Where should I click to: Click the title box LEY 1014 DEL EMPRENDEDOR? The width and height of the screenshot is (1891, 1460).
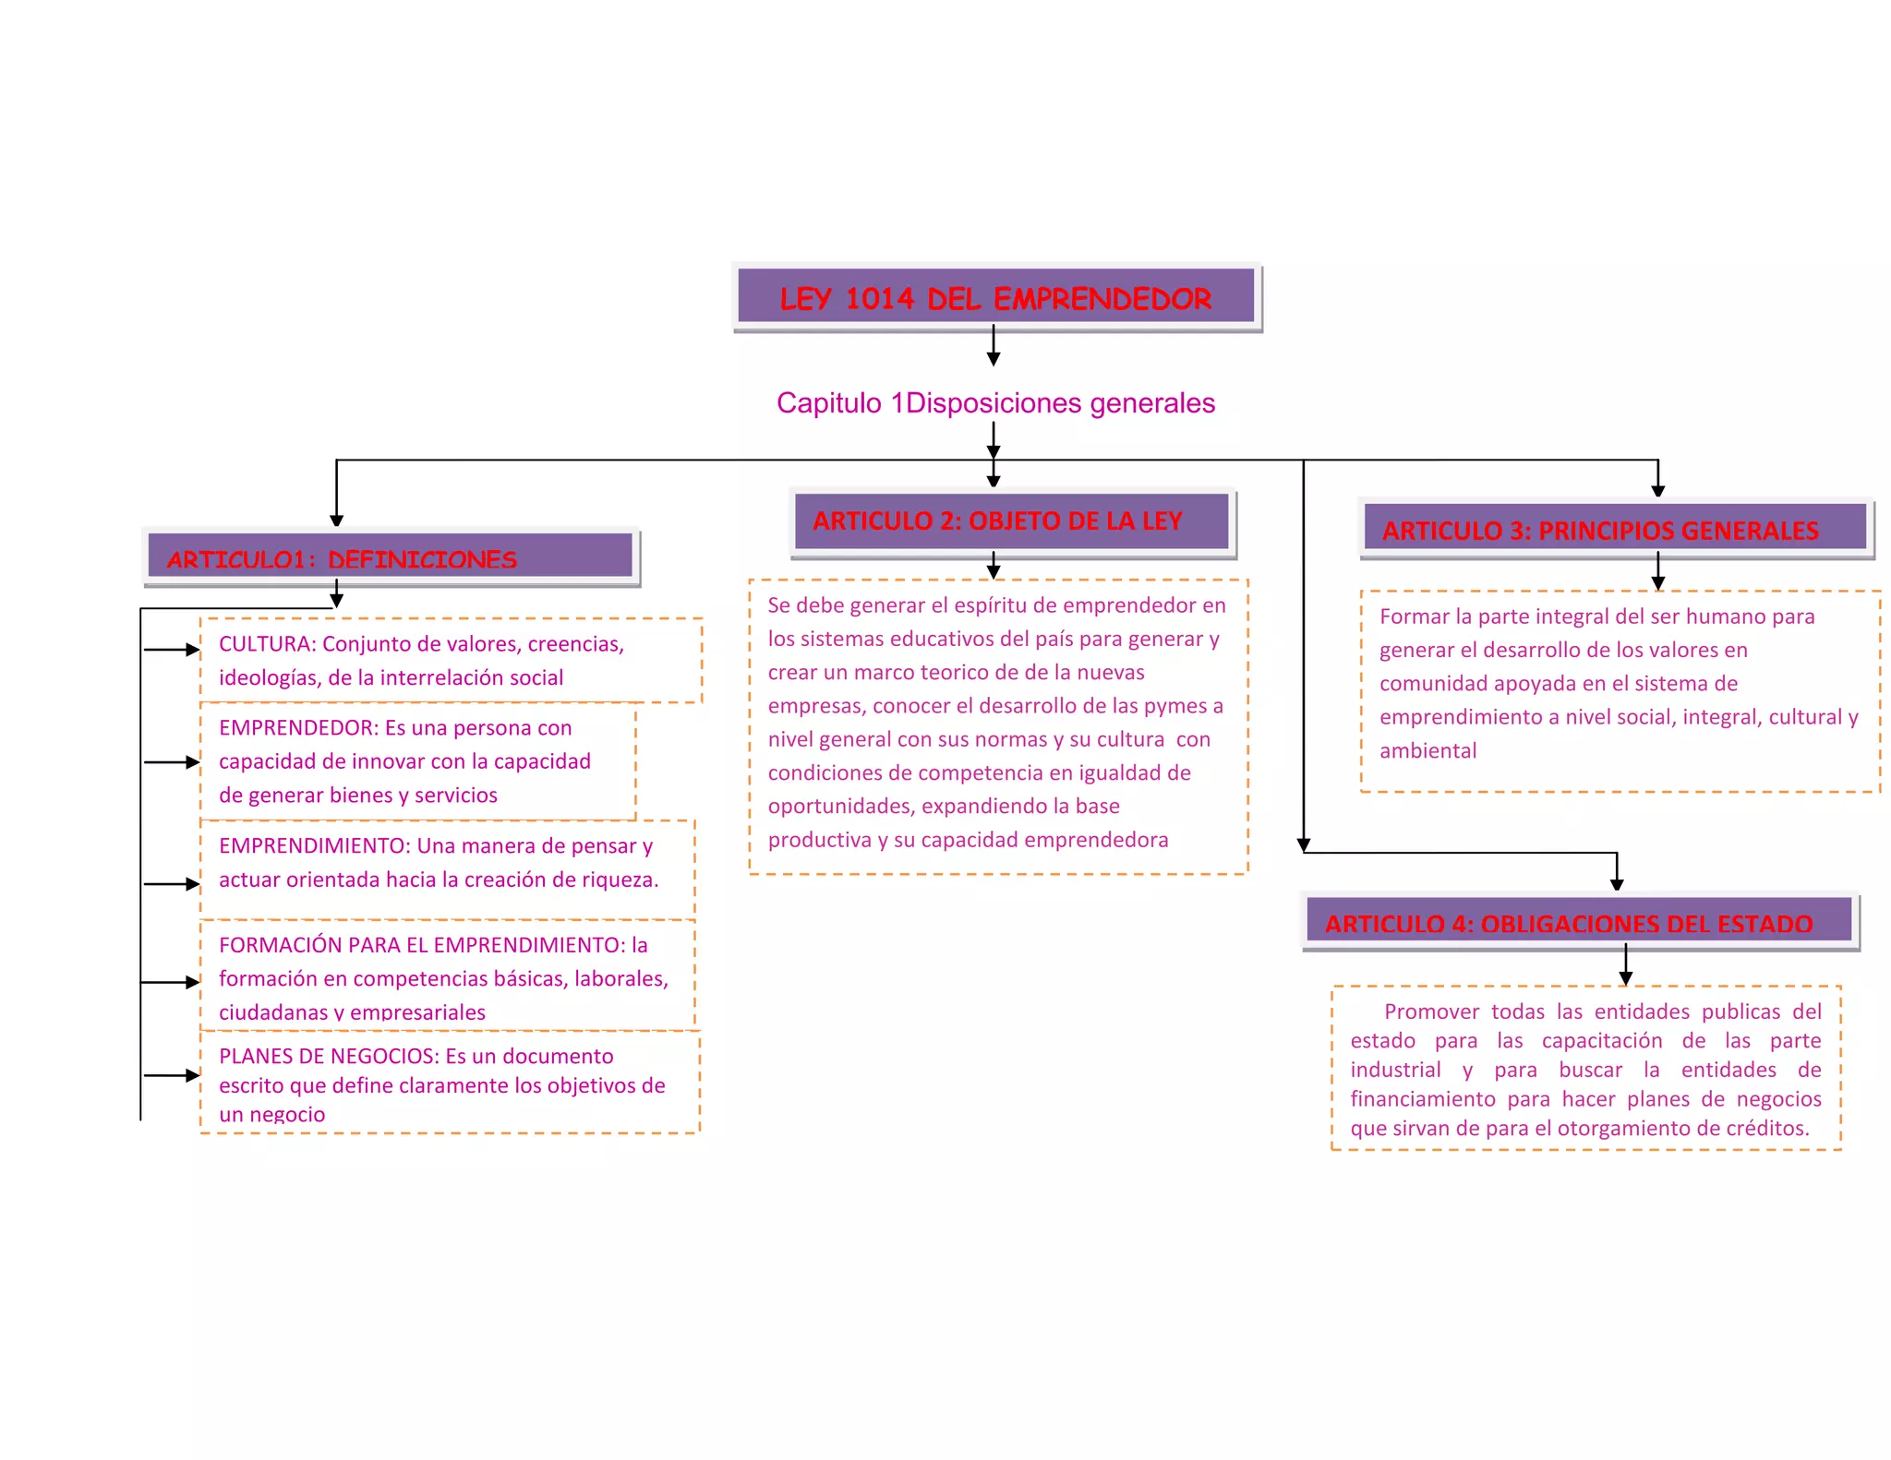coord(995,297)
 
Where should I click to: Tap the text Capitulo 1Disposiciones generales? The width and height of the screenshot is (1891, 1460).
coord(995,403)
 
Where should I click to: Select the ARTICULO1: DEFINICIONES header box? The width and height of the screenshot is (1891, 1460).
coord(390,557)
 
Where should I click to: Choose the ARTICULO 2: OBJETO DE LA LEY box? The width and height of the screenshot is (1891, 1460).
coord(1012,521)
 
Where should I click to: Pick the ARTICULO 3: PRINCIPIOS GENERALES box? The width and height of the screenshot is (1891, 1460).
coord(1615,529)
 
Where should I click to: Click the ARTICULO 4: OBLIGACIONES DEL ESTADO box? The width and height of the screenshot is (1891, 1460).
coord(1579,921)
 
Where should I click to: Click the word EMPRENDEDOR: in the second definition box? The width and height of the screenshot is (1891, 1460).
coord(298,728)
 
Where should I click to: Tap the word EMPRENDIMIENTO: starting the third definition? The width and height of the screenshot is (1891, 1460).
coord(314,846)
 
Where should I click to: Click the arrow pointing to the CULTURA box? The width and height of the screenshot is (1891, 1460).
coord(173,650)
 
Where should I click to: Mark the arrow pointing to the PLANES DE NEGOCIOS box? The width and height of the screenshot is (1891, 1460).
coord(173,1075)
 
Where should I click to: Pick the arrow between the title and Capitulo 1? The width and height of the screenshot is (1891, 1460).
coord(994,345)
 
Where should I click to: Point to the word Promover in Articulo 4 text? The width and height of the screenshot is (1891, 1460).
coord(1431,1011)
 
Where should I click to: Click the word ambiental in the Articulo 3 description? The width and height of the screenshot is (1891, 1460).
coord(1427,751)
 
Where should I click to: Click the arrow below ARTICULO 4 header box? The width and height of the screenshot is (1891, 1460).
coord(1626,965)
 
